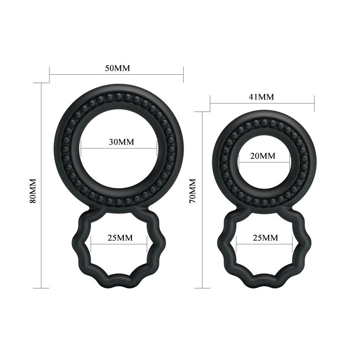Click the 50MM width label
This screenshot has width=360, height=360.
117,68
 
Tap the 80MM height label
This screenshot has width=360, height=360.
33,190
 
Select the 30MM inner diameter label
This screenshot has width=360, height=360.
121,142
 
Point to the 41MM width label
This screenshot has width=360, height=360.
261,97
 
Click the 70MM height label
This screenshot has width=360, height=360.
193,190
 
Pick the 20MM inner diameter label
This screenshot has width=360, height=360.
263,156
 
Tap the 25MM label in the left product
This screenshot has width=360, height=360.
120,238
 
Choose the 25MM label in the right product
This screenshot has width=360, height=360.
265,238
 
